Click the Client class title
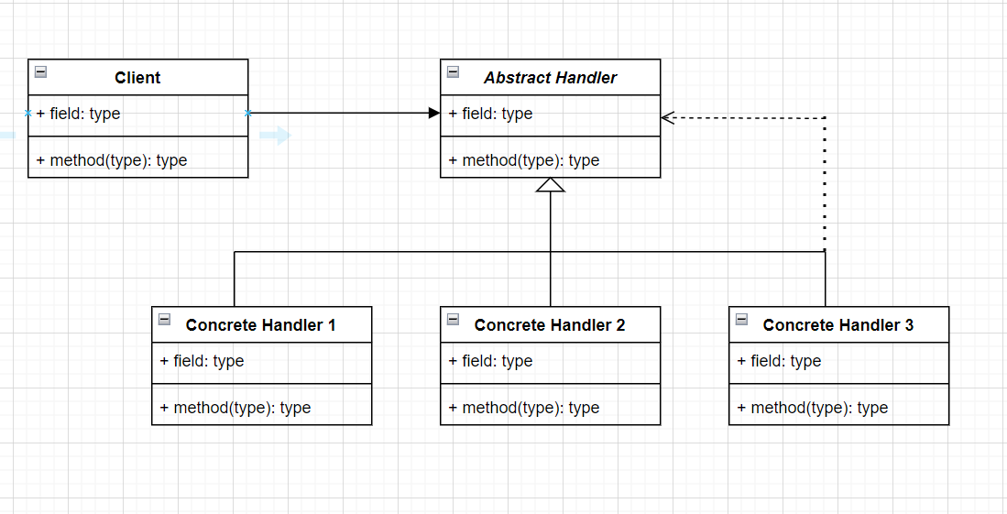pyautogui.click(x=137, y=78)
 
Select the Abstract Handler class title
pyautogui.click(x=550, y=78)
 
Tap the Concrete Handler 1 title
pyautogui.click(x=260, y=325)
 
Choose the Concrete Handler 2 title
pyautogui.click(x=550, y=325)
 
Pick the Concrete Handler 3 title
pyautogui.click(x=837, y=325)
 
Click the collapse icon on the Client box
pyautogui.click(x=40, y=72)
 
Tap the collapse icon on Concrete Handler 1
pyautogui.click(x=164, y=320)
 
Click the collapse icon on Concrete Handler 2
pyautogui.click(x=453, y=320)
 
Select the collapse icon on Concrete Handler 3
pyautogui.click(x=741, y=320)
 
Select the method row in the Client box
pyautogui.click(x=112, y=160)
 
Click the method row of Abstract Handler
pyautogui.click(x=524, y=160)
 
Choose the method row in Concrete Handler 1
pyautogui.click(x=235, y=408)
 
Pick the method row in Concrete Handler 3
pyautogui.click(x=813, y=408)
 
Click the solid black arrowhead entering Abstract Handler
pyautogui.click(x=434, y=113)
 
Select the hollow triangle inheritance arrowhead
pyautogui.click(x=551, y=185)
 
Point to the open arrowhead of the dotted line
pyautogui.click(x=667, y=117)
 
